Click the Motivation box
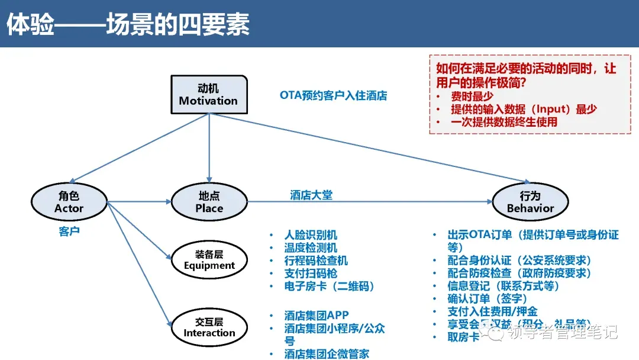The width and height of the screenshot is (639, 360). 208,94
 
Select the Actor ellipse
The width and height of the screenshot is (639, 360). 69,202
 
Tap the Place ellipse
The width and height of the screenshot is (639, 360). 209,202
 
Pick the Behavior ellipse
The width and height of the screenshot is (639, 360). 530,202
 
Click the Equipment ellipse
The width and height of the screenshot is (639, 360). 209,260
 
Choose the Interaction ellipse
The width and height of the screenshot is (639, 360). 209,327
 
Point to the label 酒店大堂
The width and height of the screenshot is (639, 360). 311,195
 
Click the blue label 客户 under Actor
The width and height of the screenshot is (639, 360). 69,231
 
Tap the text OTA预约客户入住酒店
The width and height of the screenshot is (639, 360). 333,95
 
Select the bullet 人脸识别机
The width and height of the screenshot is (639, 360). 311,235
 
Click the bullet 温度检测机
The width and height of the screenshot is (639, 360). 311,248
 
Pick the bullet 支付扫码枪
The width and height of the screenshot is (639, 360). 311,274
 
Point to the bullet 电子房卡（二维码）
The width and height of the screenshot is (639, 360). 330,287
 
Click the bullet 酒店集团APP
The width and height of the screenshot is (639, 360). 317,316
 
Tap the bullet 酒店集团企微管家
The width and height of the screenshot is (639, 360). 327,353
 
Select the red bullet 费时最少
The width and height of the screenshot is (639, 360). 472,96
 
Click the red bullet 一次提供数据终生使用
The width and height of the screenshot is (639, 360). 504,122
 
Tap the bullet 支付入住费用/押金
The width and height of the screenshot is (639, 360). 492,311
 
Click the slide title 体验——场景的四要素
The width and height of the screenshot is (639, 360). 128,25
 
